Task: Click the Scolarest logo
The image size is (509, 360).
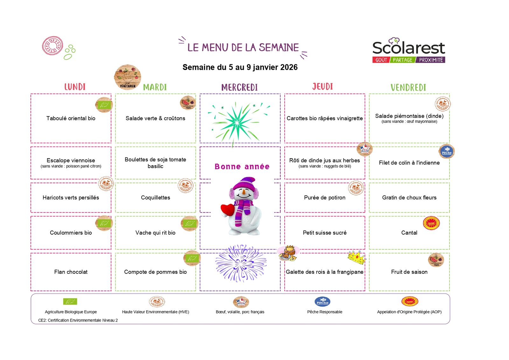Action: [x=408, y=51]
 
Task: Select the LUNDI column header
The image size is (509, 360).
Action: [x=75, y=87]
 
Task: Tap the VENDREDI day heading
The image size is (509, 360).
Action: [x=408, y=88]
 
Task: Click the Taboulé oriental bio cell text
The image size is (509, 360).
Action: [x=71, y=118]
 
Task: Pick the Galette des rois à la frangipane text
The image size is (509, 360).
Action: [x=324, y=272]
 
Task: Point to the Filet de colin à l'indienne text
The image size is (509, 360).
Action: [x=409, y=163]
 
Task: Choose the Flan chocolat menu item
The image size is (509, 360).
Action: [x=71, y=272]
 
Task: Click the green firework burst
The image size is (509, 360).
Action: [x=237, y=122]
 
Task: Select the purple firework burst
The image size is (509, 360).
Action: [x=241, y=264]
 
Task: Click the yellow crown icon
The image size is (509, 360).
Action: [x=356, y=258]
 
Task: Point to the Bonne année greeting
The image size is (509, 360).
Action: [x=242, y=166]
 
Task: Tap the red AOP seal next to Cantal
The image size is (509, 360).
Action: [x=431, y=223]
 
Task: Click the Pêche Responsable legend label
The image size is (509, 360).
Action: [x=324, y=312]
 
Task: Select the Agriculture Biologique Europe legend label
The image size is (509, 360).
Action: [x=71, y=312]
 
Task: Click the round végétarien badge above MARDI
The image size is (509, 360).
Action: [x=127, y=77]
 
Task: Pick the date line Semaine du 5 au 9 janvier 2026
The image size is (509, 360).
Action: [x=240, y=67]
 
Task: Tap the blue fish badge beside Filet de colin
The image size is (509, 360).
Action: [x=447, y=152]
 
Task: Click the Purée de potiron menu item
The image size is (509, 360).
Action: [x=324, y=198]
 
